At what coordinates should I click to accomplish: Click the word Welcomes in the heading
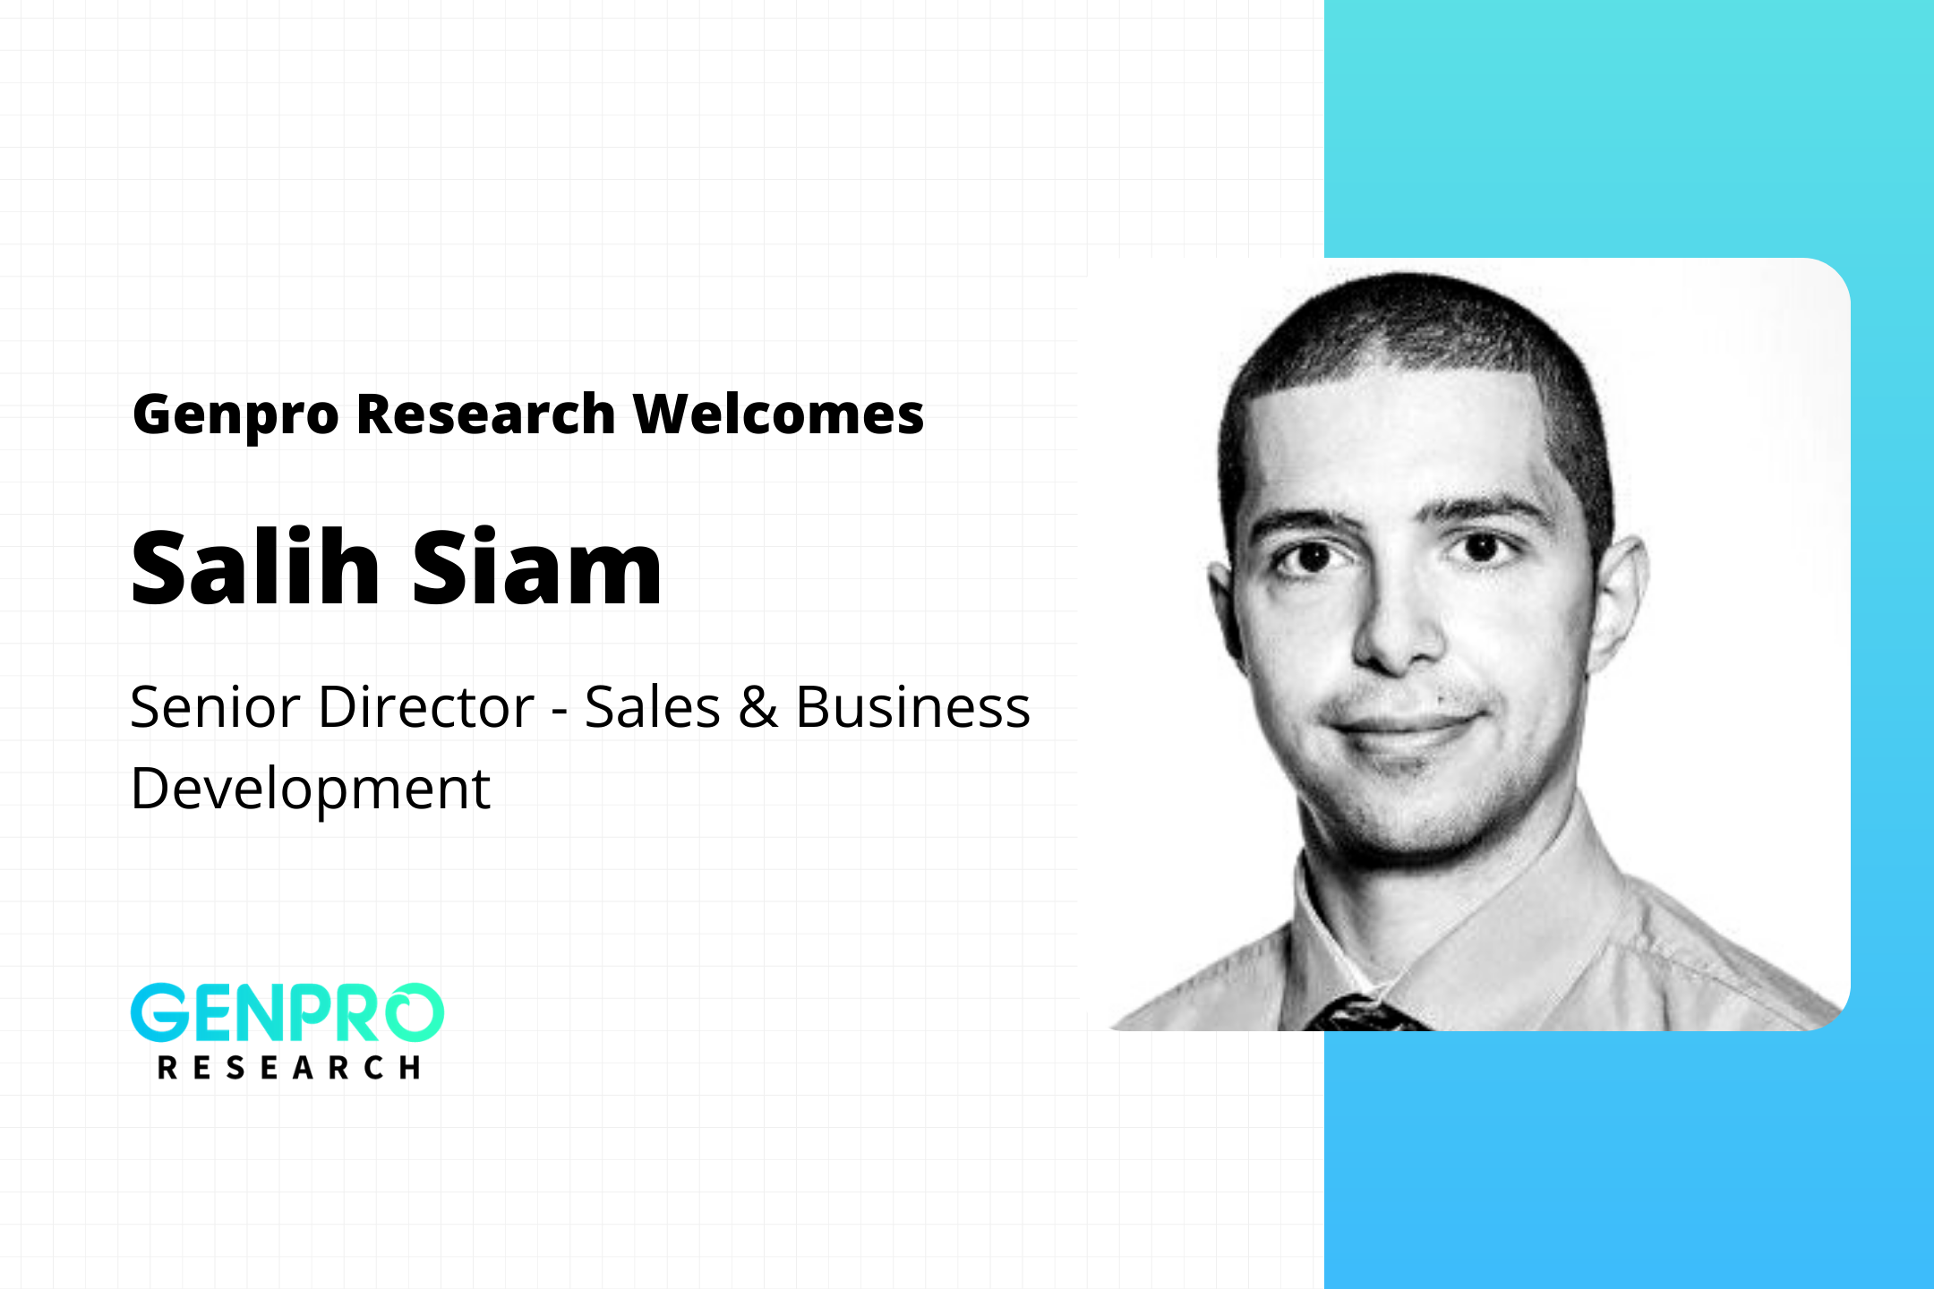[x=778, y=414]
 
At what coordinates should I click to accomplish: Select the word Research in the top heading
[x=486, y=414]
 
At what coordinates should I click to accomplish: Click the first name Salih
[x=256, y=567]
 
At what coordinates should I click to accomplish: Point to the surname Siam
[x=536, y=567]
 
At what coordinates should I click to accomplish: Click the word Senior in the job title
[x=215, y=707]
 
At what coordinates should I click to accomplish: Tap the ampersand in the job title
[x=758, y=707]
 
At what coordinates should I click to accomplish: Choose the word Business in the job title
[x=913, y=707]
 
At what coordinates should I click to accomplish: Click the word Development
[x=311, y=790]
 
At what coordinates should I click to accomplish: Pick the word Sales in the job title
[x=653, y=707]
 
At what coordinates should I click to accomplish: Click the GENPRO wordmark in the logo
[x=287, y=1012]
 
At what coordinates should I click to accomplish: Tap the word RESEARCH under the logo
[x=288, y=1067]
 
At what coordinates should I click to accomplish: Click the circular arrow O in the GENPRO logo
[x=411, y=1012]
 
